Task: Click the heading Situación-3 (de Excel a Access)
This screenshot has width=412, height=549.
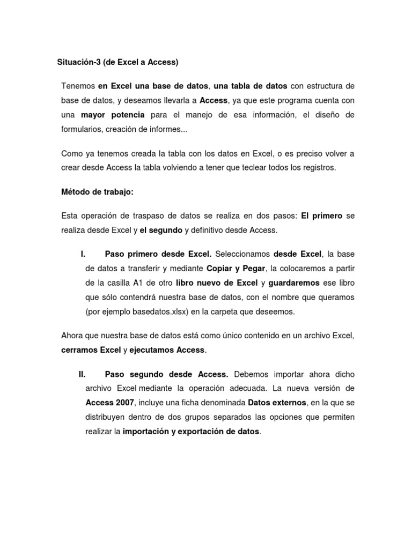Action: coord(117,62)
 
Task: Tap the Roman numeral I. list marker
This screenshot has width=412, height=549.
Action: coord(83,254)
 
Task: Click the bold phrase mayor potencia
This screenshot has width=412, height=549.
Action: coord(113,115)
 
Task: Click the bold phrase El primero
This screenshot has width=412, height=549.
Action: coord(321,216)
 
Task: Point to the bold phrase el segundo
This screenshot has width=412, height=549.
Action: coord(161,230)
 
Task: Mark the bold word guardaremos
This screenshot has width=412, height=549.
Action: coord(294,283)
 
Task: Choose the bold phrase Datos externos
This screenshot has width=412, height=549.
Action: coord(277,403)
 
